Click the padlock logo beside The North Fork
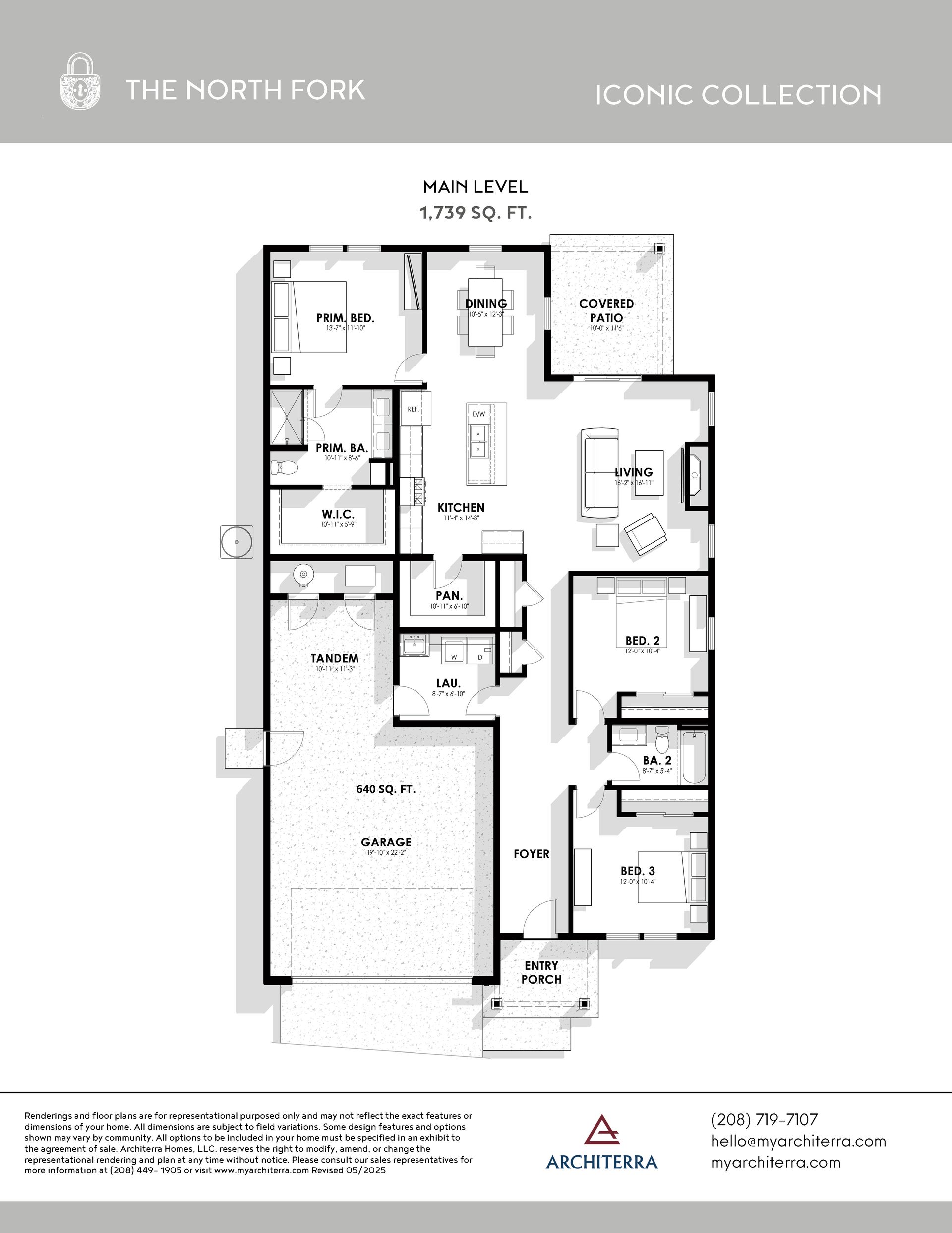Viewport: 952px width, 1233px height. coord(81,81)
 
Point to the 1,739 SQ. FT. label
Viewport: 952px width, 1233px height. coord(476,213)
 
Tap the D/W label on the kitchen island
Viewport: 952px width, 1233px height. coord(478,414)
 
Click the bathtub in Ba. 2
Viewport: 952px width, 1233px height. coord(694,758)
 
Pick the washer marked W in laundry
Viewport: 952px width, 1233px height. coord(453,649)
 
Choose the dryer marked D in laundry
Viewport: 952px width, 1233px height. coord(480,649)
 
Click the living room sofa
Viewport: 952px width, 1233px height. coord(600,472)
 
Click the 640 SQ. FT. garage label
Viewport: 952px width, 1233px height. coord(386,789)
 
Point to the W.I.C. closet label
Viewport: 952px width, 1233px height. coord(338,515)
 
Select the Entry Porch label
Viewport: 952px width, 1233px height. coord(541,973)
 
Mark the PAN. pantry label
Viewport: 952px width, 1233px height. coord(449,595)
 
